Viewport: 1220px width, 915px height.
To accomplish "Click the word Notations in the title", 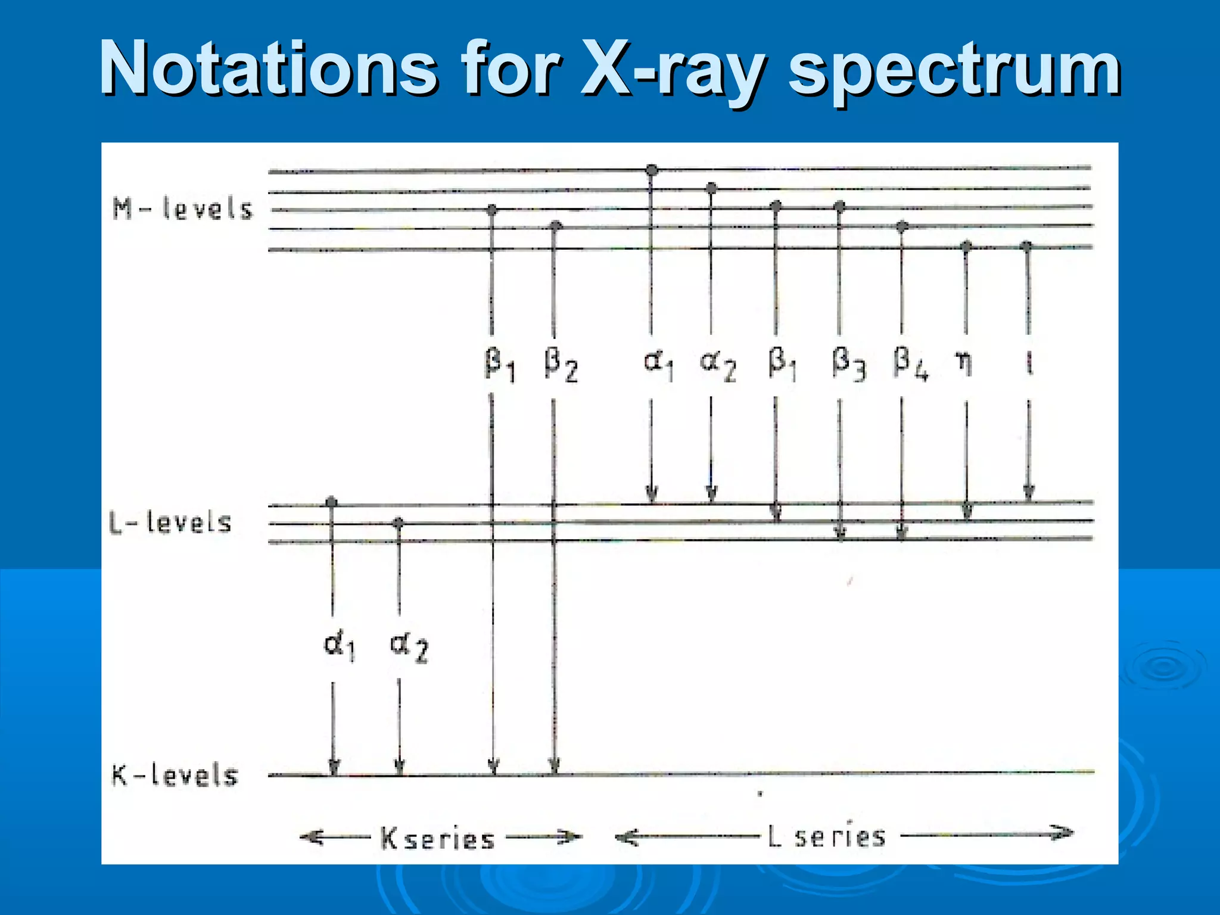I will click(268, 69).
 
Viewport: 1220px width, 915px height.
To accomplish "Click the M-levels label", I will click(183, 209).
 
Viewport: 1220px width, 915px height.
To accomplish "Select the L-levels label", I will click(170, 522).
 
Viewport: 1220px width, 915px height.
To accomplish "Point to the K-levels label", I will click(175, 776).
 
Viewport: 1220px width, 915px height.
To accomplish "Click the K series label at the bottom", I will click(438, 839).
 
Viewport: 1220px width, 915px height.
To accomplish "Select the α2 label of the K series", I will click(409, 648).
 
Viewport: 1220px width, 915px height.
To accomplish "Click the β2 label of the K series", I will click(561, 365).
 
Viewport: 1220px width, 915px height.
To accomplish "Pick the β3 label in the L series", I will click(848, 363).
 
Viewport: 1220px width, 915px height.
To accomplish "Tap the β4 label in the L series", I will click(910, 363).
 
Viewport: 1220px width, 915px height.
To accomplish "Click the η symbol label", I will click(964, 362).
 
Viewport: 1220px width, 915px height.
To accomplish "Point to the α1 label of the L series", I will click(658, 363).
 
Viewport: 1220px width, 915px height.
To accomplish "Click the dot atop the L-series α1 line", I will click(652, 170).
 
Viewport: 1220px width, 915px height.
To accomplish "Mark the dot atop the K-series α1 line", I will click(332, 502).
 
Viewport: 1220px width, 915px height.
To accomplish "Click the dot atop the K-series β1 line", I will click(491, 210).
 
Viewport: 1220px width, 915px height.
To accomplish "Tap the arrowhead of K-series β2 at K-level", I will click(554, 766).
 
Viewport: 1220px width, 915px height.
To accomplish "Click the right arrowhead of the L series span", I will click(1063, 832).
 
